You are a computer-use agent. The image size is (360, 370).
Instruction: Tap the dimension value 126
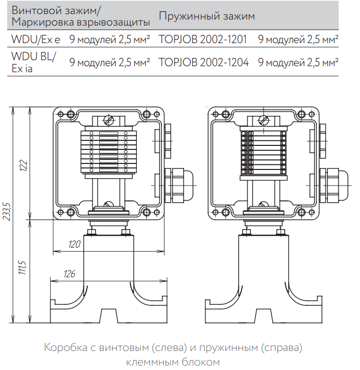[x=70, y=273]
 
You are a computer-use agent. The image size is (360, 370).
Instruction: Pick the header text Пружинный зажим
[x=207, y=16]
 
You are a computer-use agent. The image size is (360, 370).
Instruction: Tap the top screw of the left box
[x=108, y=121]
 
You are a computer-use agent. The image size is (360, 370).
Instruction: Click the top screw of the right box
[x=263, y=121]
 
